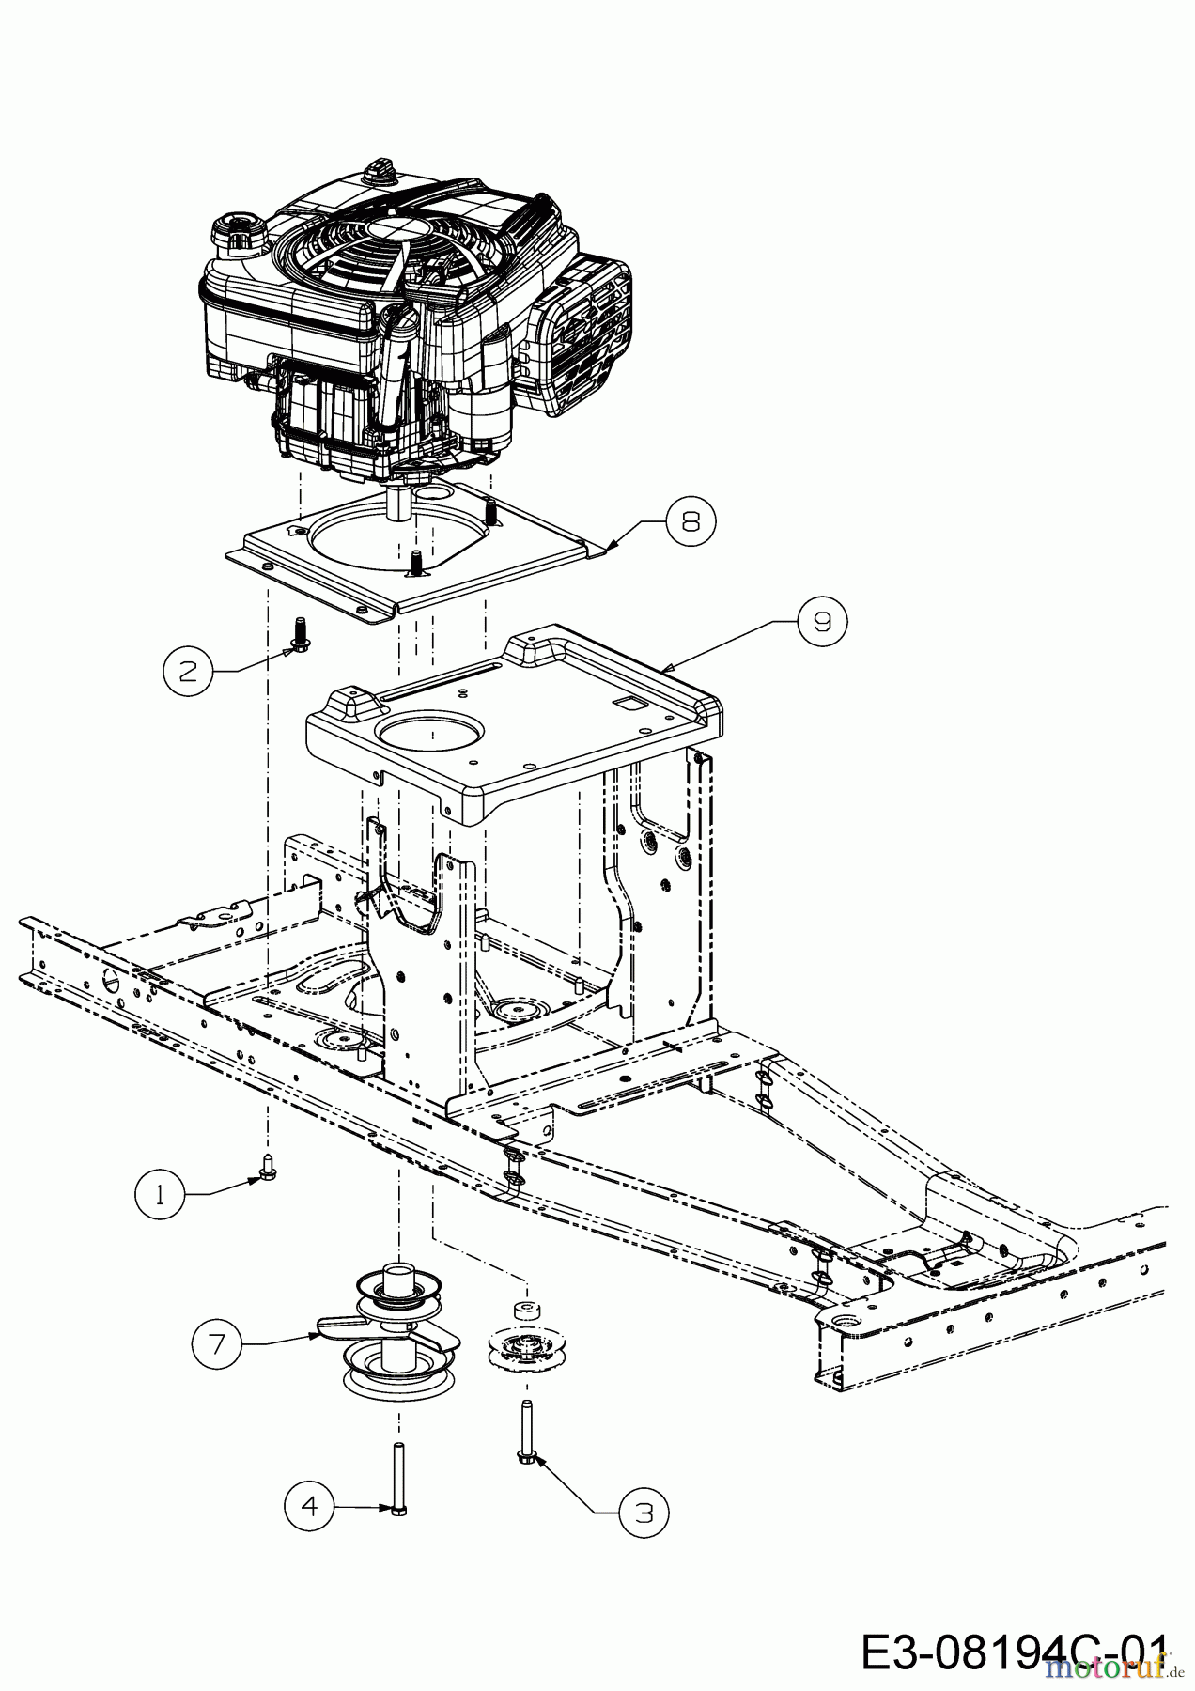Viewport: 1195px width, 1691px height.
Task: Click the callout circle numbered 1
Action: pos(160,1196)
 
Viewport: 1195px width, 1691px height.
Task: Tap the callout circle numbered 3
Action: pos(644,1513)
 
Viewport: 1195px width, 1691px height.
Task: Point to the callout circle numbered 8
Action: pos(691,520)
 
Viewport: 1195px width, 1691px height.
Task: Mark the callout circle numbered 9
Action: pos(822,621)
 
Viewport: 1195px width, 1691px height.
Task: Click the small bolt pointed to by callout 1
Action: pos(266,1166)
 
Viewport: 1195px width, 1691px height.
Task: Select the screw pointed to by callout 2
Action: pos(299,633)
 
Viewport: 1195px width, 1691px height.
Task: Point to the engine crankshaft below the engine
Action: pos(398,503)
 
